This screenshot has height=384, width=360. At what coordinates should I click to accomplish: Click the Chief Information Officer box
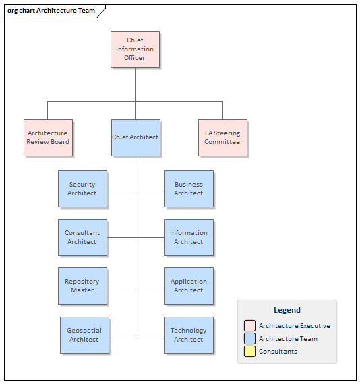click(x=135, y=49)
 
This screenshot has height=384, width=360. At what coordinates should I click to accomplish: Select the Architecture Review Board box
click(x=48, y=138)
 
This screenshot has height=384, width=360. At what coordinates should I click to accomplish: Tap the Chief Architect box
click(x=136, y=138)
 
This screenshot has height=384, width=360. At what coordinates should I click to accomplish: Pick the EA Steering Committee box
click(x=222, y=138)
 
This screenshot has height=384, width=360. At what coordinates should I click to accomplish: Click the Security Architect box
click(x=82, y=189)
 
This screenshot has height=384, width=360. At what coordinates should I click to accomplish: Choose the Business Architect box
click(x=189, y=189)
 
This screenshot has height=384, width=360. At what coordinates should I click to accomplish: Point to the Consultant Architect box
click(x=82, y=237)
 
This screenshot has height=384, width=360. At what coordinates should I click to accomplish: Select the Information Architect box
click(x=189, y=237)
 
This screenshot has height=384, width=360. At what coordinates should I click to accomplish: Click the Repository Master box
click(x=82, y=286)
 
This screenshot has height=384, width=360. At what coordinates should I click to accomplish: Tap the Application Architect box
click(x=189, y=286)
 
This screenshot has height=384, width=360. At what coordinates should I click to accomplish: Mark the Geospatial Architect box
click(x=84, y=335)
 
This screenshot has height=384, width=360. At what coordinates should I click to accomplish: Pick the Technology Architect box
click(x=189, y=335)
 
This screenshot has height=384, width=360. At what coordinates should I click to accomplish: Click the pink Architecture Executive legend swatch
click(x=249, y=326)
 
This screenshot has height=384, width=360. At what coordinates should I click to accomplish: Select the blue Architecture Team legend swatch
click(x=249, y=339)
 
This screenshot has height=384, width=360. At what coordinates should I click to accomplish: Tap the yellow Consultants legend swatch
click(x=249, y=352)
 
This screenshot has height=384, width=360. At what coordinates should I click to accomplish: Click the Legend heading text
click(x=287, y=311)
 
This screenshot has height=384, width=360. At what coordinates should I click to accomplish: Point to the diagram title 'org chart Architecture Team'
click(x=51, y=11)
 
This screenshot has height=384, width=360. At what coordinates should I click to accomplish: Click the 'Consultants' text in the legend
click(x=278, y=352)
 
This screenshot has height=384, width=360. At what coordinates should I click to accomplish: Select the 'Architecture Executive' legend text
click(x=295, y=326)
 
